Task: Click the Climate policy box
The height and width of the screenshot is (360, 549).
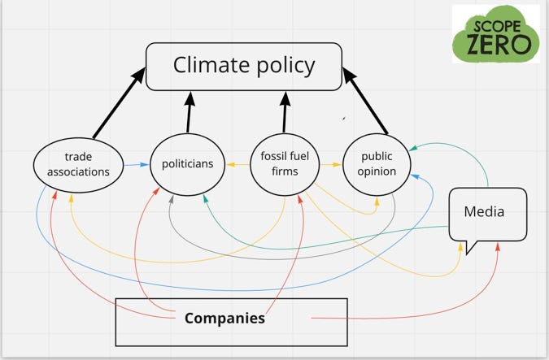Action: point(245,67)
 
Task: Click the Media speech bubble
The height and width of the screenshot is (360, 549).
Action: point(487,213)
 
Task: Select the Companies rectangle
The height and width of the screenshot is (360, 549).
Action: point(231,320)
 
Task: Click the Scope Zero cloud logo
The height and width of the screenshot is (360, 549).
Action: point(496,34)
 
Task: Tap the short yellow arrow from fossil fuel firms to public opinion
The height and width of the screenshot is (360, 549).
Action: point(329,165)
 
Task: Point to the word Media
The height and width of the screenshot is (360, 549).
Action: point(484,211)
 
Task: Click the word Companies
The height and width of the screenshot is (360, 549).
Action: point(224,318)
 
